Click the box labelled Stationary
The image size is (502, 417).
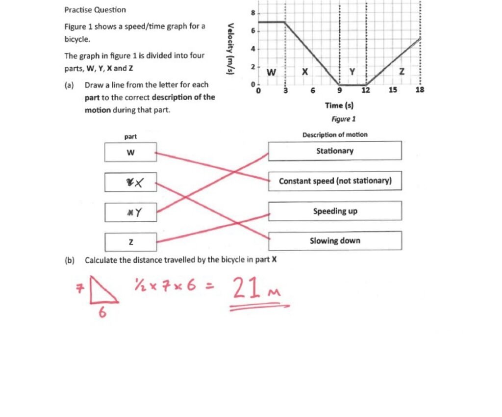click(x=334, y=151)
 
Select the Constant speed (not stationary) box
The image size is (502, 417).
click(x=335, y=181)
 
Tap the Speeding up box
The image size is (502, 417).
click(x=335, y=211)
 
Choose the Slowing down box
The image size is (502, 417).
click(x=335, y=241)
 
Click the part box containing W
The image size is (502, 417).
click(x=130, y=152)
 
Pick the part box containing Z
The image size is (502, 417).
click(x=130, y=242)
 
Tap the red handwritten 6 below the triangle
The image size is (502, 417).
click(x=103, y=312)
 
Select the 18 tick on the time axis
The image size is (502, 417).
click(x=420, y=89)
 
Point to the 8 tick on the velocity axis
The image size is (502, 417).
click(x=253, y=13)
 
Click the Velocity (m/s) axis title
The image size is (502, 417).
click(x=229, y=49)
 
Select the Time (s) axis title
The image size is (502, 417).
click(x=339, y=105)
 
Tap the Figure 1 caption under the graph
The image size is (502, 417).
click(x=343, y=119)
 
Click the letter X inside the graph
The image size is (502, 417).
click(x=304, y=72)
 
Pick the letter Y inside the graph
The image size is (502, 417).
click(x=351, y=72)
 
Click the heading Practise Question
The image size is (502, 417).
click(x=95, y=10)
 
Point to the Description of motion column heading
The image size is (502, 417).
click(x=334, y=134)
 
